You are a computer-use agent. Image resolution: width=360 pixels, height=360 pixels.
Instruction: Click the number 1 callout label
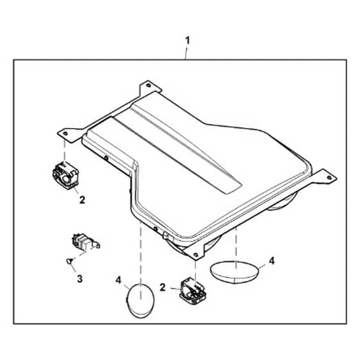tap(188, 41)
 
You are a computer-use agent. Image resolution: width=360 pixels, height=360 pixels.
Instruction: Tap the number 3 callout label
tap(80, 279)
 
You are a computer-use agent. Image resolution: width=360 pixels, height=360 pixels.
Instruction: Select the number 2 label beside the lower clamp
tap(163, 287)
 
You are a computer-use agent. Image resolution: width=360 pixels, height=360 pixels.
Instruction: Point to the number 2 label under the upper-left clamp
tap(82, 200)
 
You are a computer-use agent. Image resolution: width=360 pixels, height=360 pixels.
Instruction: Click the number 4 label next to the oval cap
tap(272, 261)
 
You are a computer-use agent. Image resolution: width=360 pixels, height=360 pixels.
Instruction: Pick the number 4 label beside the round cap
tap(118, 280)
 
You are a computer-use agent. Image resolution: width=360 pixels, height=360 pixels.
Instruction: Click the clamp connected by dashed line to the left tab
tap(66, 175)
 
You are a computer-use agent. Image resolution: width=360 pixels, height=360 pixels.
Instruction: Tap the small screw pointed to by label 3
tap(69, 261)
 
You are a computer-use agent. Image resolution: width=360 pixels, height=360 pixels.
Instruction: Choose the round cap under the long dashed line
tap(141, 301)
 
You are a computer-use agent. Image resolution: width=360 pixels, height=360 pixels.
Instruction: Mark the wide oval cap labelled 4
tap(235, 273)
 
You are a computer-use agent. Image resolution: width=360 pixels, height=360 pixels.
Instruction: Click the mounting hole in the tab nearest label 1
tap(148, 85)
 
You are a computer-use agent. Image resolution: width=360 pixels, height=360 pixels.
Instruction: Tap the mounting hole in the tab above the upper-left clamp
tap(65, 133)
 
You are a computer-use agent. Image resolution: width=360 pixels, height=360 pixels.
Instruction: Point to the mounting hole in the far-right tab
tap(328, 177)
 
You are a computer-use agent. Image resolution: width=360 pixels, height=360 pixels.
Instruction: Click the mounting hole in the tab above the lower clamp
tap(195, 255)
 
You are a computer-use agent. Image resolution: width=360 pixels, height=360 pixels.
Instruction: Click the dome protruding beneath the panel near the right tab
tap(283, 202)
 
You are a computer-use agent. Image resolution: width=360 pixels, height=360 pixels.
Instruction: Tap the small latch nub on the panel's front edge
tap(166, 235)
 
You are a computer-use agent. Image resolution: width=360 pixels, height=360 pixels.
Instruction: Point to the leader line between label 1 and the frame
tap(186, 53)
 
